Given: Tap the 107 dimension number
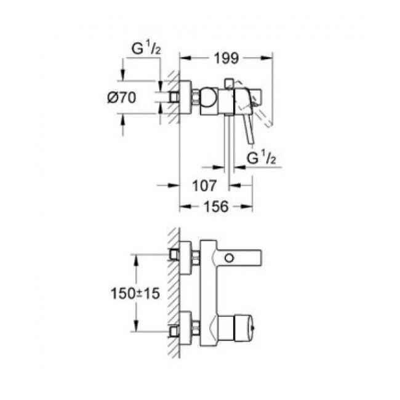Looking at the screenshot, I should (x=202, y=185).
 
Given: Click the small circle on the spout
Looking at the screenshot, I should (x=230, y=257).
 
